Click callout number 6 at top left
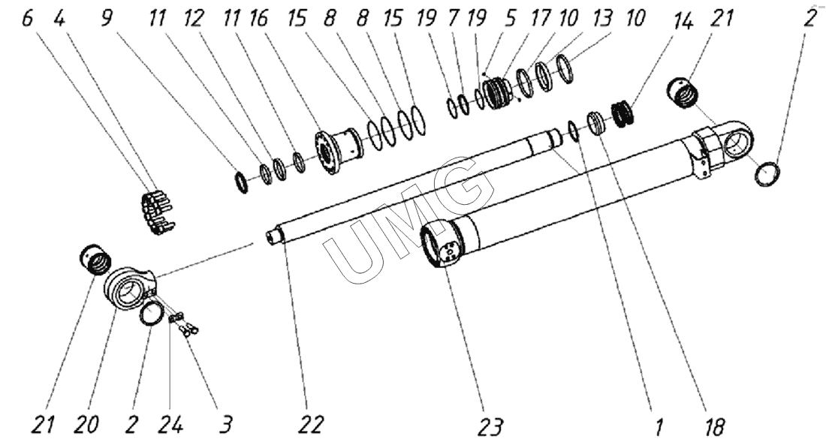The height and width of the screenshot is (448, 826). pyautogui.click(x=28, y=19)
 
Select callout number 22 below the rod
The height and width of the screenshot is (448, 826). pyautogui.click(x=309, y=425)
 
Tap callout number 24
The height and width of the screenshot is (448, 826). pyautogui.click(x=172, y=425)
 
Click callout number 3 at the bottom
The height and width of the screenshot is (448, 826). pyautogui.click(x=225, y=425)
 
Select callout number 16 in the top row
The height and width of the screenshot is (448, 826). pyautogui.click(x=258, y=19)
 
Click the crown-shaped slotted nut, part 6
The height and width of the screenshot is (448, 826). pyautogui.click(x=158, y=212)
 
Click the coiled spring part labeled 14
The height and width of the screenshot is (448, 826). pyautogui.click(x=623, y=115)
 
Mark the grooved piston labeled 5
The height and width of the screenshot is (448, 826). pyautogui.click(x=497, y=92)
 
